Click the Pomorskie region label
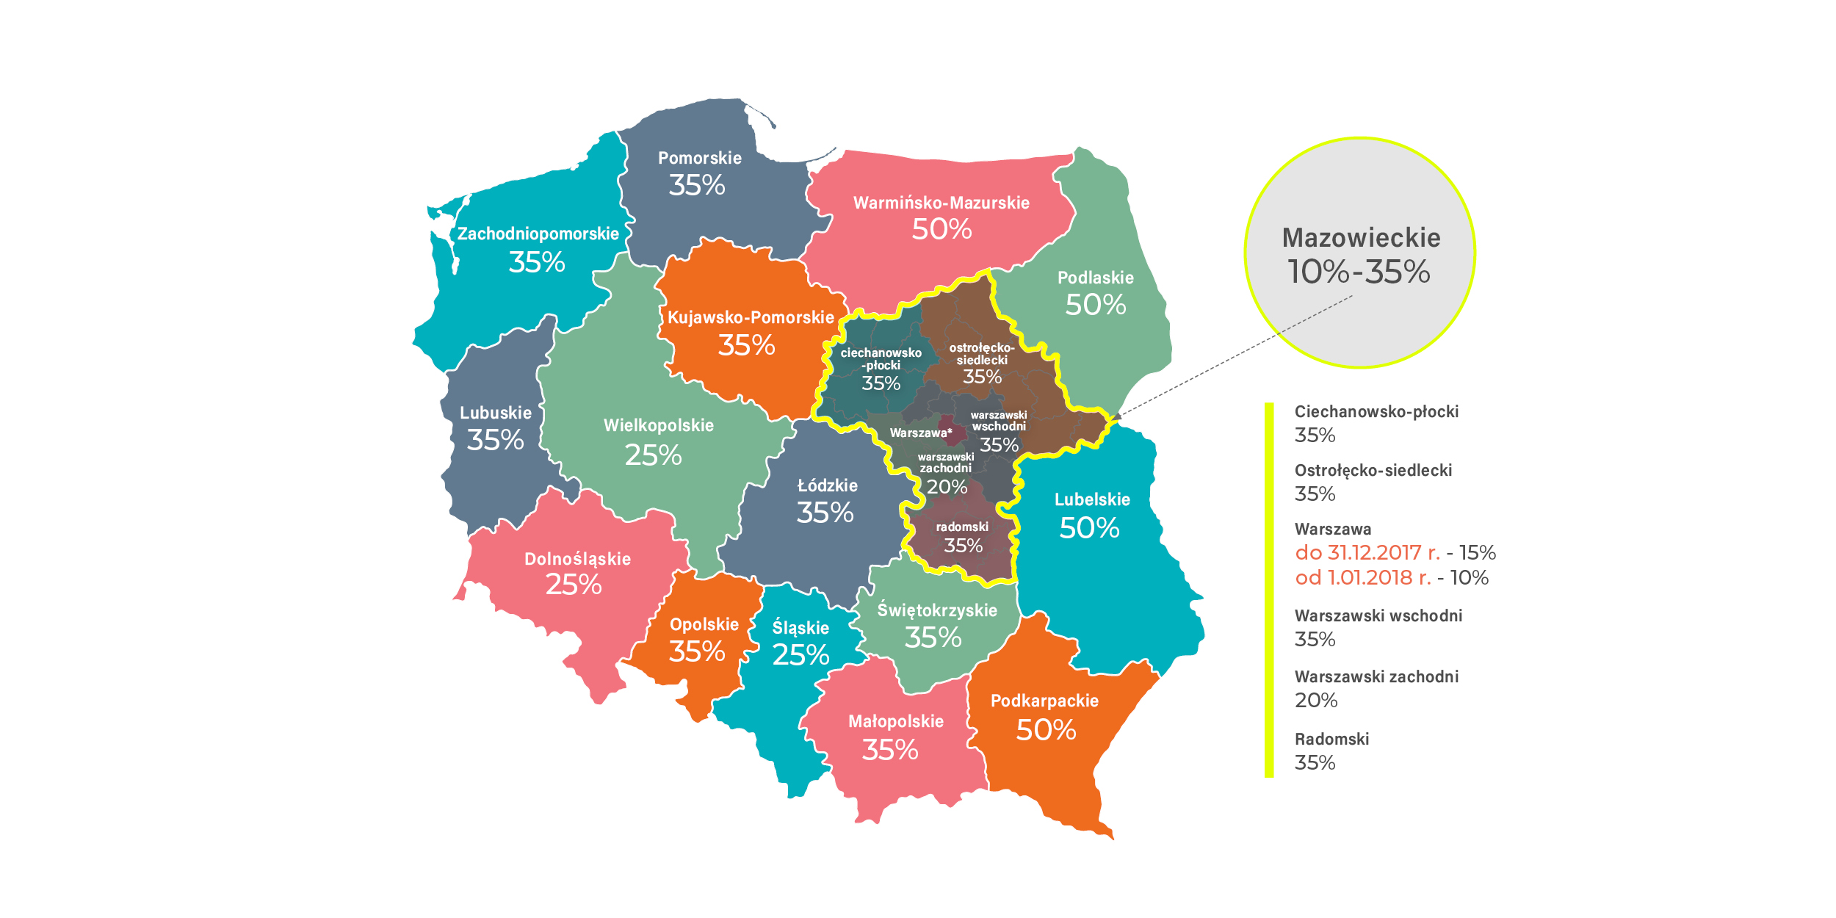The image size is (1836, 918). [x=699, y=158]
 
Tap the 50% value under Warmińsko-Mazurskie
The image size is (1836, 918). [x=942, y=230]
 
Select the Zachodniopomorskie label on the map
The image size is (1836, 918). [x=538, y=234]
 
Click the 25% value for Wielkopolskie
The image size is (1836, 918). [x=653, y=455]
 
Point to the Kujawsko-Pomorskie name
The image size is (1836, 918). [x=751, y=317]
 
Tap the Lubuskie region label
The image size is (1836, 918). [x=495, y=413]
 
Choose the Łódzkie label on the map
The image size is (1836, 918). [x=827, y=485]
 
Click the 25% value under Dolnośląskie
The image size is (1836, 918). [x=573, y=585]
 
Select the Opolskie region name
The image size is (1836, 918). [x=704, y=624]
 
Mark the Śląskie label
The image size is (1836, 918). [x=800, y=628]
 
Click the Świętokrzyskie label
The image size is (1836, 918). [x=937, y=610]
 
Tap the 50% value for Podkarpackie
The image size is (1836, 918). [x=1046, y=730]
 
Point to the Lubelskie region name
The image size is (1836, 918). [x=1092, y=499]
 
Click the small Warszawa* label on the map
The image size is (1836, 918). [x=920, y=433]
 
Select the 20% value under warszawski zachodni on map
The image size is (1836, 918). [x=947, y=487]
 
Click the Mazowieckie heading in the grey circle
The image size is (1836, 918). [x=1360, y=238]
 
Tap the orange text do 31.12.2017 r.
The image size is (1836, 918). [x=1367, y=553]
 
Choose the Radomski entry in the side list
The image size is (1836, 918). [x=1331, y=739]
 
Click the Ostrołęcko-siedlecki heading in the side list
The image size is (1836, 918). [x=1373, y=470]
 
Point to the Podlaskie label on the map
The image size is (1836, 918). [x=1095, y=278]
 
